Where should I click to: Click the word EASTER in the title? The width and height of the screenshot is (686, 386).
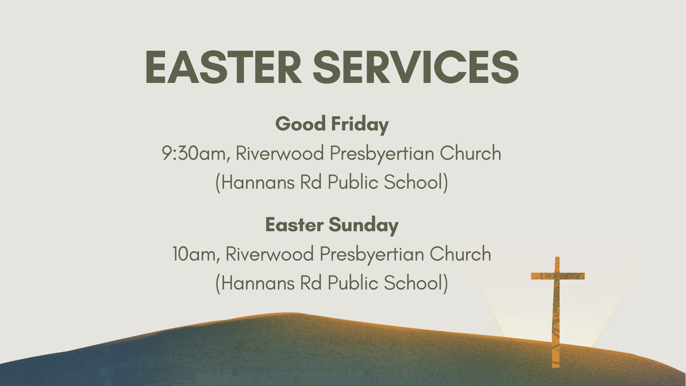click(223, 67)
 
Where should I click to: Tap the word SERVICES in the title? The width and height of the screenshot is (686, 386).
click(416, 67)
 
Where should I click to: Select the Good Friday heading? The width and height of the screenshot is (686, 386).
click(332, 124)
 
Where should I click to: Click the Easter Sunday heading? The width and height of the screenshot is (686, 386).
click(332, 225)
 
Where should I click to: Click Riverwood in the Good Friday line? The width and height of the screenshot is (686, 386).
click(280, 153)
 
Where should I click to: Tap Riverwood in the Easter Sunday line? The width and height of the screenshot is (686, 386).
click(270, 254)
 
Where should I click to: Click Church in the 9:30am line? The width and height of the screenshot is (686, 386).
click(471, 153)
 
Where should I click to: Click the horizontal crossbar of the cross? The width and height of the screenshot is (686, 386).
click(558, 276)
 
